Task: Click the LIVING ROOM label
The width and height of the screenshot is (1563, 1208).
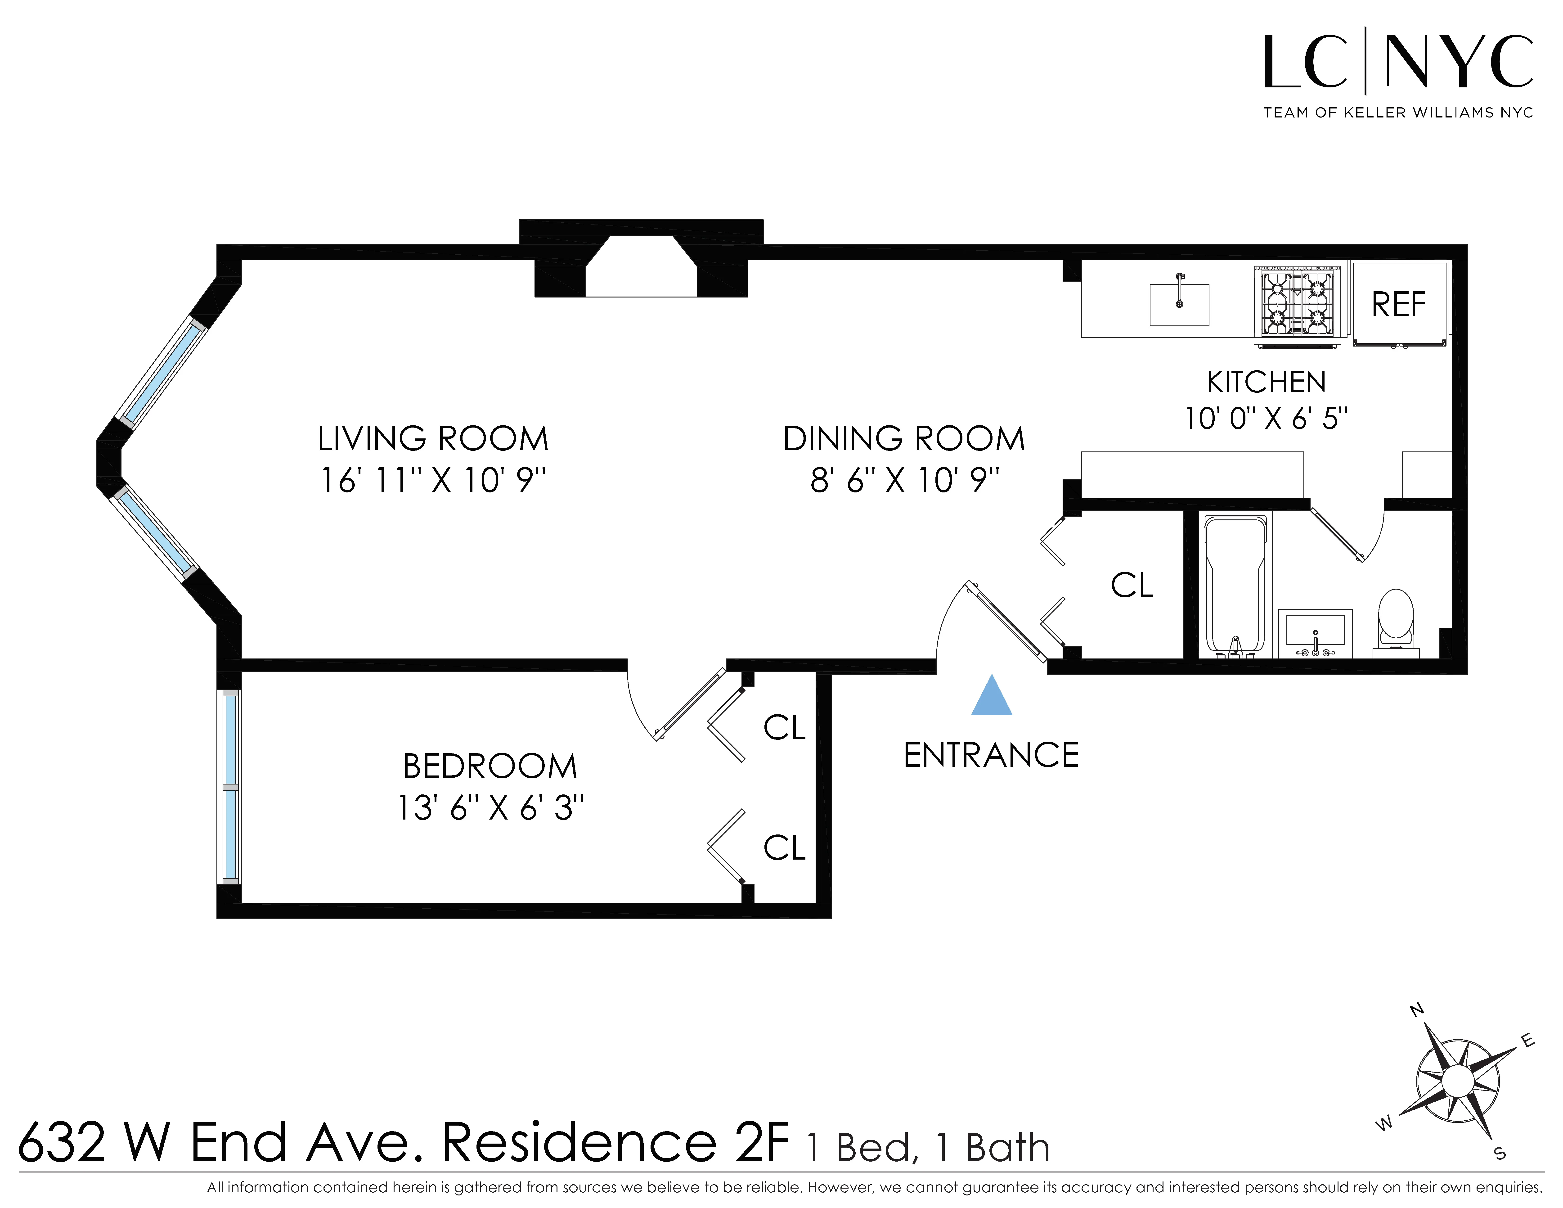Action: (433, 439)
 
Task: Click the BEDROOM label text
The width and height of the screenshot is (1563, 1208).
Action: (490, 766)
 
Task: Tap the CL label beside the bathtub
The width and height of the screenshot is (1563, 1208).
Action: (1132, 585)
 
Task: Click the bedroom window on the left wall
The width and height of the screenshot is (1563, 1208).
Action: (230, 786)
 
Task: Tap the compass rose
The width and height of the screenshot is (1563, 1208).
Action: (1457, 1081)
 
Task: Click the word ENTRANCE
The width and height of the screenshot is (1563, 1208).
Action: (991, 755)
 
